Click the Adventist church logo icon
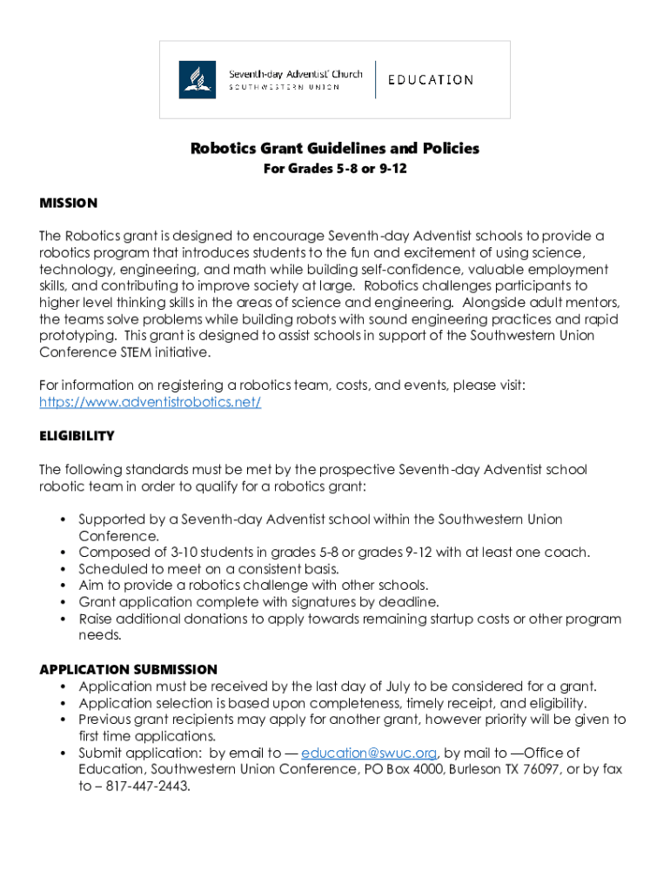pyautogui.click(x=198, y=79)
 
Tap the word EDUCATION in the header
pyautogui.click(x=431, y=80)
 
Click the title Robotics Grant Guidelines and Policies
pyautogui.click(x=335, y=149)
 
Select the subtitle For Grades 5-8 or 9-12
pyautogui.click(x=335, y=169)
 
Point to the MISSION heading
pyautogui.click(x=69, y=203)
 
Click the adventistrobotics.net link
pyautogui.click(x=151, y=402)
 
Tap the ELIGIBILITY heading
pyautogui.click(x=77, y=436)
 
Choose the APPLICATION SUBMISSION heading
pyautogui.click(x=128, y=669)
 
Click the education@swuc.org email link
pyautogui.click(x=369, y=753)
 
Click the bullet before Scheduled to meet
pyautogui.click(x=64, y=569)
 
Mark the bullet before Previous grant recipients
pyautogui.click(x=64, y=720)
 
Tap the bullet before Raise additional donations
pyautogui.click(x=64, y=619)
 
